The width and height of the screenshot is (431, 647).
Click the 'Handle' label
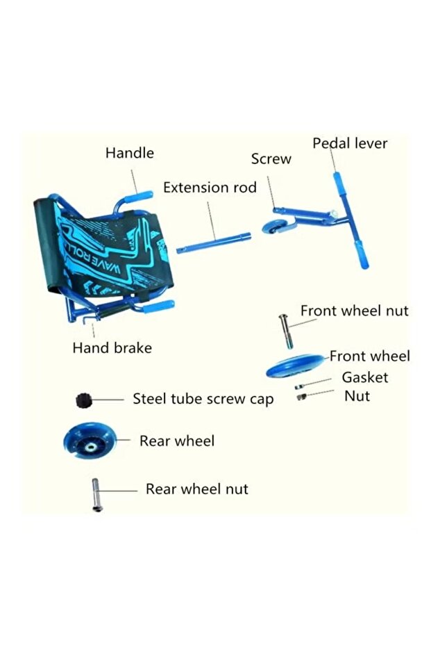tap(130, 153)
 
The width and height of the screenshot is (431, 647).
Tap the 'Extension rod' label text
tap(210, 188)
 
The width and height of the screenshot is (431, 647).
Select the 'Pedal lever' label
tap(350, 143)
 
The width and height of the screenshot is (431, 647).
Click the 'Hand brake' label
tap(112, 347)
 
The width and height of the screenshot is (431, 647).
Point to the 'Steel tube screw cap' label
tap(203, 399)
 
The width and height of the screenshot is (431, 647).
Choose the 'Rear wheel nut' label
tap(196, 489)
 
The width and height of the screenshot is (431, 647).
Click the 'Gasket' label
tap(365, 377)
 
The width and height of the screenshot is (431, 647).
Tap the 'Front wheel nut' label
tap(354, 311)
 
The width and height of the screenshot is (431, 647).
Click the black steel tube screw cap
tap(83, 400)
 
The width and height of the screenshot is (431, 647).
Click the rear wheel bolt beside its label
tap(94, 494)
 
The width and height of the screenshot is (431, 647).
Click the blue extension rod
tap(214, 242)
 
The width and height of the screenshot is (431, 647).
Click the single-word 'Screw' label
tap(271, 159)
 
